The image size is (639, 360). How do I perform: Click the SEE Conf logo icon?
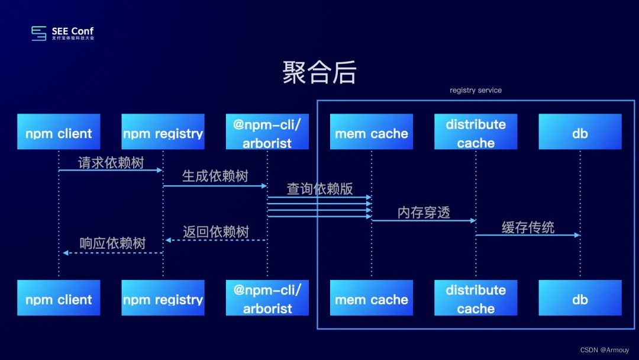(x=39, y=33)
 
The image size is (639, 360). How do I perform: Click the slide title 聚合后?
(x=319, y=73)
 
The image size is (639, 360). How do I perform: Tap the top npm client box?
(x=59, y=131)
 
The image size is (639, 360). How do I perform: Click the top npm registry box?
(x=163, y=131)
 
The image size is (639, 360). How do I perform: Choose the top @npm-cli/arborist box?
(x=267, y=131)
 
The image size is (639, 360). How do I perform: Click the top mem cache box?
(x=372, y=131)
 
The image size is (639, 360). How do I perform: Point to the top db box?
(x=580, y=131)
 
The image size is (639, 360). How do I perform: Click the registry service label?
(x=476, y=91)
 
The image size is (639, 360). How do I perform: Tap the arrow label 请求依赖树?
(x=111, y=163)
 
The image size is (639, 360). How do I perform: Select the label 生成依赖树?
(x=215, y=176)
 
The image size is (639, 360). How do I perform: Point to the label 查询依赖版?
(x=319, y=189)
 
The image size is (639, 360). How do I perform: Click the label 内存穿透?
(x=424, y=213)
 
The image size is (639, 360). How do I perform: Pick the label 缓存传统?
(x=528, y=227)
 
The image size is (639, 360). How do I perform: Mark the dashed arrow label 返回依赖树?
(x=215, y=232)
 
